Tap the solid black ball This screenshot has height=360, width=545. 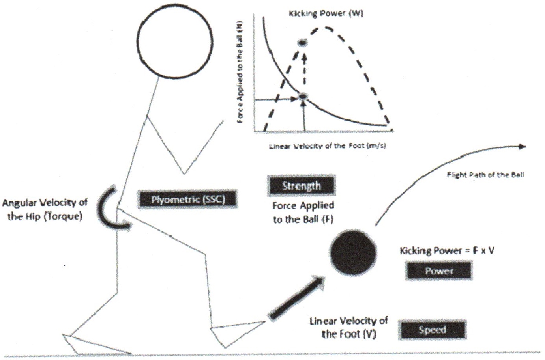coord(352,252)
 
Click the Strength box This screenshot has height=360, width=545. coord(301,185)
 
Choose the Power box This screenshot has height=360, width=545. coord(439,271)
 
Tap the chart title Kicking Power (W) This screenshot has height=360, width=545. coord(326,14)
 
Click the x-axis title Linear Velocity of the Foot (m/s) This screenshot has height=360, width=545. coord(327,146)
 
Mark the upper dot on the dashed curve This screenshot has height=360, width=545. coord(303,43)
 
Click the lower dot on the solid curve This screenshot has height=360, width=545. coord(303,96)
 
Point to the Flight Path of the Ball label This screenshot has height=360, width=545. coord(485,175)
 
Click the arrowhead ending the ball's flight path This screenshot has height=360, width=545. coord(522,147)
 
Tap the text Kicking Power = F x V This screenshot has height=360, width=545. coord(447,250)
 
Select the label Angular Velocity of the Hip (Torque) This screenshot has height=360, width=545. coord(45,209)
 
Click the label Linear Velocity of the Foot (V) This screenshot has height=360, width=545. coord(348,327)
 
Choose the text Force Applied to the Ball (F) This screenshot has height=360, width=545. coord(303,212)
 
